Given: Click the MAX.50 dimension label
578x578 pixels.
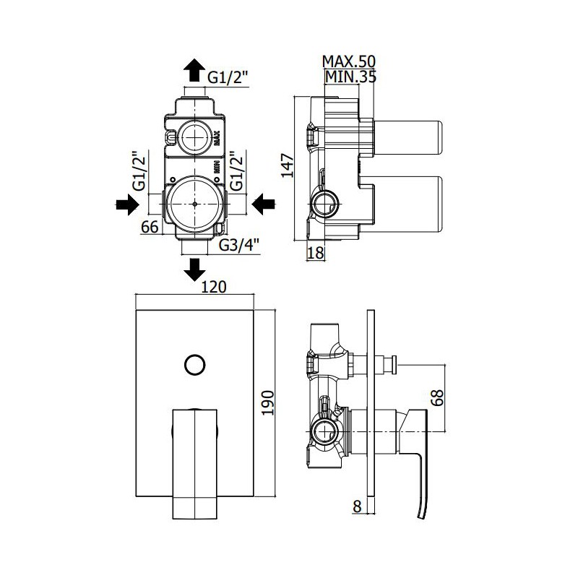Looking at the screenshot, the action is pyautogui.click(x=349, y=61).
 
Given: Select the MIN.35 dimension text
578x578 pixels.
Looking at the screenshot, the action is pyautogui.click(x=350, y=77).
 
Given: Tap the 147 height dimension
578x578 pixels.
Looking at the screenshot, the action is pyautogui.click(x=288, y=165).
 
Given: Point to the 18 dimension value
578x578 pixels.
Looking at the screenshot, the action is pyautogui.click(x=316, y=253).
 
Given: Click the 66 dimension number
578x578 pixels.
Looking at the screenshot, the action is pyautogui.click(x=150, y=227).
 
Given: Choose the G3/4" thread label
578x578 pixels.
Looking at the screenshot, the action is pyautogui.click(x=239, y=244).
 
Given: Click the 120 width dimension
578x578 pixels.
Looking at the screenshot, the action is pyautogui.click(x=214, y=287).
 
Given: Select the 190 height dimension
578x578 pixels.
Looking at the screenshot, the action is pyautogui.click(x=268, y=403).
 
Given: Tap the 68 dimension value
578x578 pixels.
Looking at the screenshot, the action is pyautogui.click(x=438, y=397).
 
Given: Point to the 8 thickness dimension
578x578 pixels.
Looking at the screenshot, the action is pyautogui.click(x=357, y=506).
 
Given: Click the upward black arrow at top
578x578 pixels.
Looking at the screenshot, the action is pyautogui.click(x=194, y=70).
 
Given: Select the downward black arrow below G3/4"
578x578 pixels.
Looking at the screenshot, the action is pyautogui.click(x=194, y=269).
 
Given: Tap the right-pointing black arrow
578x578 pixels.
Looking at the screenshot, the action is pyautogui.click(x=128, y=204).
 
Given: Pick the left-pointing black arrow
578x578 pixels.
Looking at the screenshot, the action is pyautogui.click(x=264, y=204).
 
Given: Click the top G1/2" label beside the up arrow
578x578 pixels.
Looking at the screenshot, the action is pyautogui.click(x=228, y=78).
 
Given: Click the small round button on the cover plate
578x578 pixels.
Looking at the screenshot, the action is pyautogui.click(x=194, y=365).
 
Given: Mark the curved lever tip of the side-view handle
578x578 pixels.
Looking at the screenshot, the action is pyautogui.click(x=420, y=517).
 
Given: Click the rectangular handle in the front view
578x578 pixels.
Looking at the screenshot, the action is pyautogui.click(x=195, y=463).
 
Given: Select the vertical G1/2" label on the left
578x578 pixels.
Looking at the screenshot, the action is pyautogui.click(x=140, y=171).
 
